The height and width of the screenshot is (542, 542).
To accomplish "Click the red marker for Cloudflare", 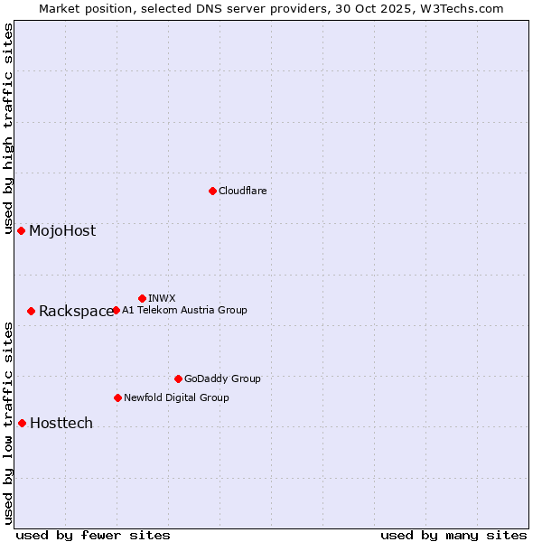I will pyautogui.click(x=212, y=191).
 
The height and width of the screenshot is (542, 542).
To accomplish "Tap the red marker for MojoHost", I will pyautogui.click(x=21, y=230).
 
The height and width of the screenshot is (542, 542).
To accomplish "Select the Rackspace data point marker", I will pyautogui.click(x=31, y=311).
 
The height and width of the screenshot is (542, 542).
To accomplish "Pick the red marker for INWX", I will pyautogui.click(x=142, y=298).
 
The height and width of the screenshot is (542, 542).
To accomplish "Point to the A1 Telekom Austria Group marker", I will pyautogui.click(x=116, y=310).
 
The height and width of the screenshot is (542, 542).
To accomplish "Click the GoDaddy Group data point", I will pyautogui.click(x=178, y=378).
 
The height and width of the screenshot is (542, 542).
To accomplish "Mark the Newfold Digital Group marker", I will pyautogui.click(x=117, y=397).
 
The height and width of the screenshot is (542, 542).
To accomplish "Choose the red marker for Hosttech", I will pyautogui.click(x=22, y=423).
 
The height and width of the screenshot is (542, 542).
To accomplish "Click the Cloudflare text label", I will pyautogui.click(x=243, y=191).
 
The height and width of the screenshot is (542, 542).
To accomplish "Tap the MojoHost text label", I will pyautogui.click(x=62, y=230).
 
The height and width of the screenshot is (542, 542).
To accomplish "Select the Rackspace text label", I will pyautogui.click(x=76, y=312).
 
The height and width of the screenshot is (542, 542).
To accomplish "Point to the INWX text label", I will pyautogui.click(x=162, y=298).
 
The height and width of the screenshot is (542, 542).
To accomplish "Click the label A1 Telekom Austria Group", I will pyautogui.click(x=184, y=310).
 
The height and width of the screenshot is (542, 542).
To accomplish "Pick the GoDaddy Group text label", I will pyautogui.click(x=222, y=378).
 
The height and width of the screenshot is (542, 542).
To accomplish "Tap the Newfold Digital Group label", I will pyautogui.click(x=176, y=397).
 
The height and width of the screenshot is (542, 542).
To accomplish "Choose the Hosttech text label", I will pyautogui.click(x=61, y=423).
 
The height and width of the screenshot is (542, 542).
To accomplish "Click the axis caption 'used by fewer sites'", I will pyautogui.click(x=93, y=535).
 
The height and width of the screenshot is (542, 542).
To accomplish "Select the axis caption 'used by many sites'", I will pyautogui.click(x=453, y=535).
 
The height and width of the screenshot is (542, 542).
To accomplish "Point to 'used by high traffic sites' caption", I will pyautogui.click(x=8, y=128).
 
